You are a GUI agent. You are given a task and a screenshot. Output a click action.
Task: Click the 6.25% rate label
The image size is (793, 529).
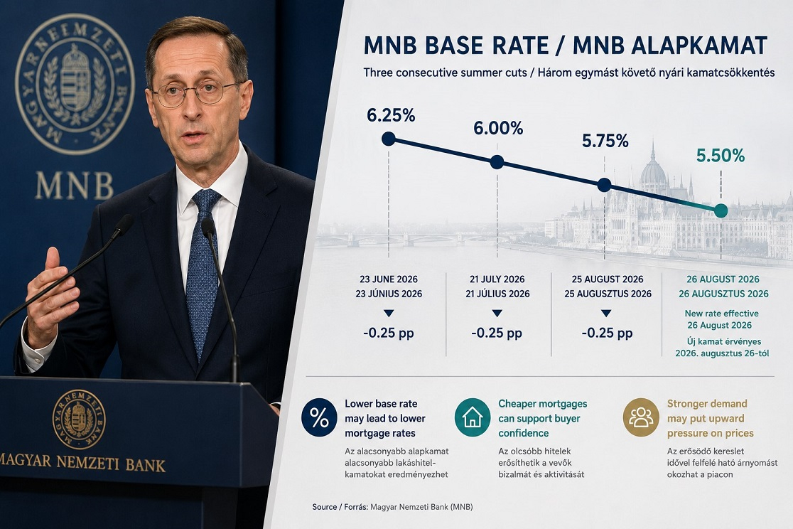pyautogui.click(x=391, y=115)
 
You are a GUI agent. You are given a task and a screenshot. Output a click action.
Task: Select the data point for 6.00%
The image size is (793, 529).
pyautogui.click(x=497, y=162)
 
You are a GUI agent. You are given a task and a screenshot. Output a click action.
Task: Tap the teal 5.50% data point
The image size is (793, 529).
pyautogui.click(x=721, y=210)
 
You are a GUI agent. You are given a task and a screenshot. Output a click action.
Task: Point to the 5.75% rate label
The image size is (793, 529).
pyautogui.click(x=605, y=141)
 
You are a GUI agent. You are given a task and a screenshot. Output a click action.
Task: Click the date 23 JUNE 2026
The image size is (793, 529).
pyautogui.click(x=389, y=279)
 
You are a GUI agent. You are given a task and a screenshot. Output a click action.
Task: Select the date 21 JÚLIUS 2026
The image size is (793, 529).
pyautogui.click(x=497, y=294)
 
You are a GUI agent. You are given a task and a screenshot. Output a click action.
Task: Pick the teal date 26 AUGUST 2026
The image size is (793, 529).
pyautogui.click(x=723, y=279)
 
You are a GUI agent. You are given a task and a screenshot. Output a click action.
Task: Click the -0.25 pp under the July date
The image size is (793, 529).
pyautogui.click(x=497, y=333)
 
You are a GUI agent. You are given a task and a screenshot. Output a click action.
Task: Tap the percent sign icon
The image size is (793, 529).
pyautogui.click(x=319, y=418)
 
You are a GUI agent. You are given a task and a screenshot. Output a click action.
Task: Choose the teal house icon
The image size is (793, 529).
pyautogui.click(x=473, y=417)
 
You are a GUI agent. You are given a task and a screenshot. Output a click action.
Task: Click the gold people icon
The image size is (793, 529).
pyautogui.click(x=641, y=417)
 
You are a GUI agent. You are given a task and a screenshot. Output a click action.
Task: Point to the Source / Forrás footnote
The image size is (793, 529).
pyautogui.click(x=392, y=507)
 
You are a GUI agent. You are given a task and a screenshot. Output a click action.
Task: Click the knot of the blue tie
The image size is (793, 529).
pyautogui.click(x=205, y=199)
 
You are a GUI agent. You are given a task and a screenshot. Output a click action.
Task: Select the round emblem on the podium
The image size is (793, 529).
pyautogui.click(x=79, y=420)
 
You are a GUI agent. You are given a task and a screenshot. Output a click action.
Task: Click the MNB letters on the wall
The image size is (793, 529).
pyautogui.click(x=75, y=186)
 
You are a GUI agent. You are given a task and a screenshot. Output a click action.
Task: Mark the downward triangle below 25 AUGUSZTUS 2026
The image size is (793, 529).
pyautogui.click(x=606, y=314)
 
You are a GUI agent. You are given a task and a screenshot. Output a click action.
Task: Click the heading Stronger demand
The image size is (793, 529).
pyautogui.click(x=707, y=403)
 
